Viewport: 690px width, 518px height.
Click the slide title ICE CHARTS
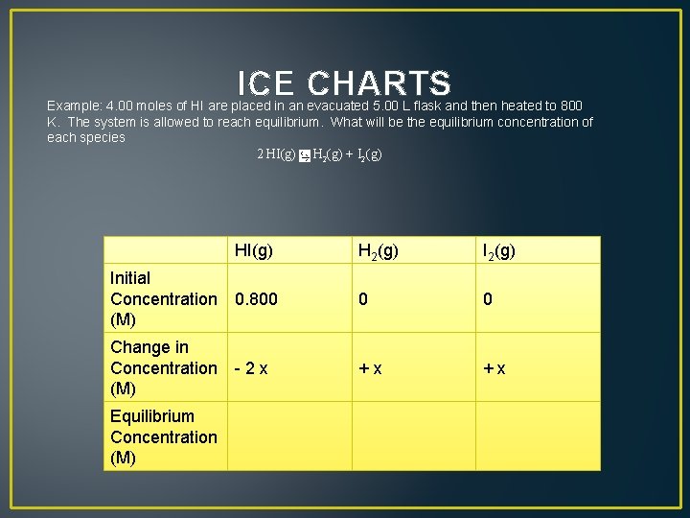pos(344,84)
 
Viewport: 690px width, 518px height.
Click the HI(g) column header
pos(254,251)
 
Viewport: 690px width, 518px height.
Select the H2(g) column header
pos(379,251)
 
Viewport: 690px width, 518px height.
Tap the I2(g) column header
pos(498,251)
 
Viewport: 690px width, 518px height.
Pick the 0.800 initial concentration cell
pos(257,299)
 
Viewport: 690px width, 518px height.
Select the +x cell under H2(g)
pos(370,368)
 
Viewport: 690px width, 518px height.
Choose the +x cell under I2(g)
pos(494,368)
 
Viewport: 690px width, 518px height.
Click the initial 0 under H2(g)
pos(363,299)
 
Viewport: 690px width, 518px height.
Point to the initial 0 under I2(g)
pos(488,299)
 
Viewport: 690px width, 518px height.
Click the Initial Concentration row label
pos(164,298)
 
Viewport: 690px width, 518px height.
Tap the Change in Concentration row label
pos(164,367)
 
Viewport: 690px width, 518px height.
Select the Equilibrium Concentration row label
pos(164,436)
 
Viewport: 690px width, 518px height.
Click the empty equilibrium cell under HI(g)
pos(289,436)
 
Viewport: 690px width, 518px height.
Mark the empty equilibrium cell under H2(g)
pos(413,436)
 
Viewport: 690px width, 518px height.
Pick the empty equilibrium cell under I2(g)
pos(538,436)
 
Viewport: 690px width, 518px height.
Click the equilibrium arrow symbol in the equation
pos(304,155)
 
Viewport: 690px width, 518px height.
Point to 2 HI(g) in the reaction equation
pos(276,154)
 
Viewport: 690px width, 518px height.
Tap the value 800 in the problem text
pos(571,106)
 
